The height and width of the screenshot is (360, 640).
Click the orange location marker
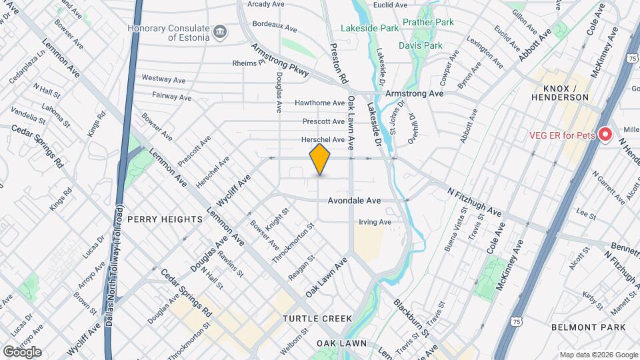[320, 159]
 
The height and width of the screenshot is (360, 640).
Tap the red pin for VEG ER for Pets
[605, 135]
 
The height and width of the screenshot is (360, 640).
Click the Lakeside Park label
[369, 29]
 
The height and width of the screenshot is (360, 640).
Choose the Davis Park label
[420, 46]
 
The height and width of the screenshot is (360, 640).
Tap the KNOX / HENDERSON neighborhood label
[560, 93]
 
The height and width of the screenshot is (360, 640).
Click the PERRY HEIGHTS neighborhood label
[165, 219]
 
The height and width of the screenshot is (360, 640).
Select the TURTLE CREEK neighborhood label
[317, 319]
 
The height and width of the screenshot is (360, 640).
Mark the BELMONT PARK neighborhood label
[589, 327]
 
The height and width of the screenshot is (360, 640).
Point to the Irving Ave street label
[375, 222]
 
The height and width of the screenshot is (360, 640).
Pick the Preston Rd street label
[340, 64]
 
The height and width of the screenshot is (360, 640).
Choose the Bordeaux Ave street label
[275, 27]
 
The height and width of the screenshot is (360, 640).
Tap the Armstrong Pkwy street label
[280, 61]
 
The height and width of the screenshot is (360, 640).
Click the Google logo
[22, 351]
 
